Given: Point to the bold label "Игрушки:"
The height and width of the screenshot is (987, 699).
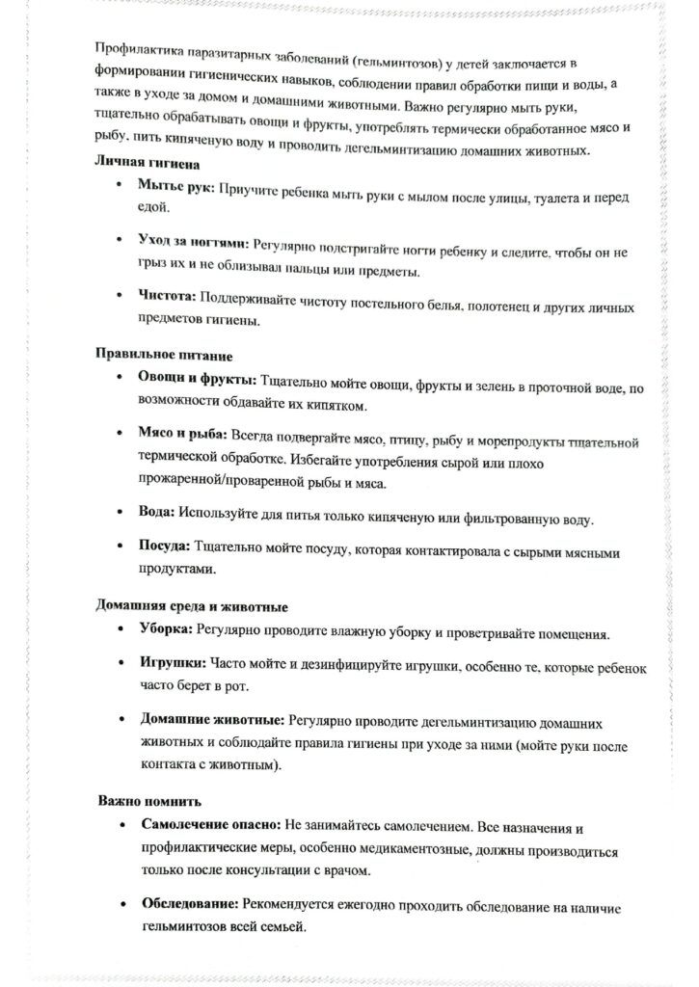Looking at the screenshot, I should coord(173,666).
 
